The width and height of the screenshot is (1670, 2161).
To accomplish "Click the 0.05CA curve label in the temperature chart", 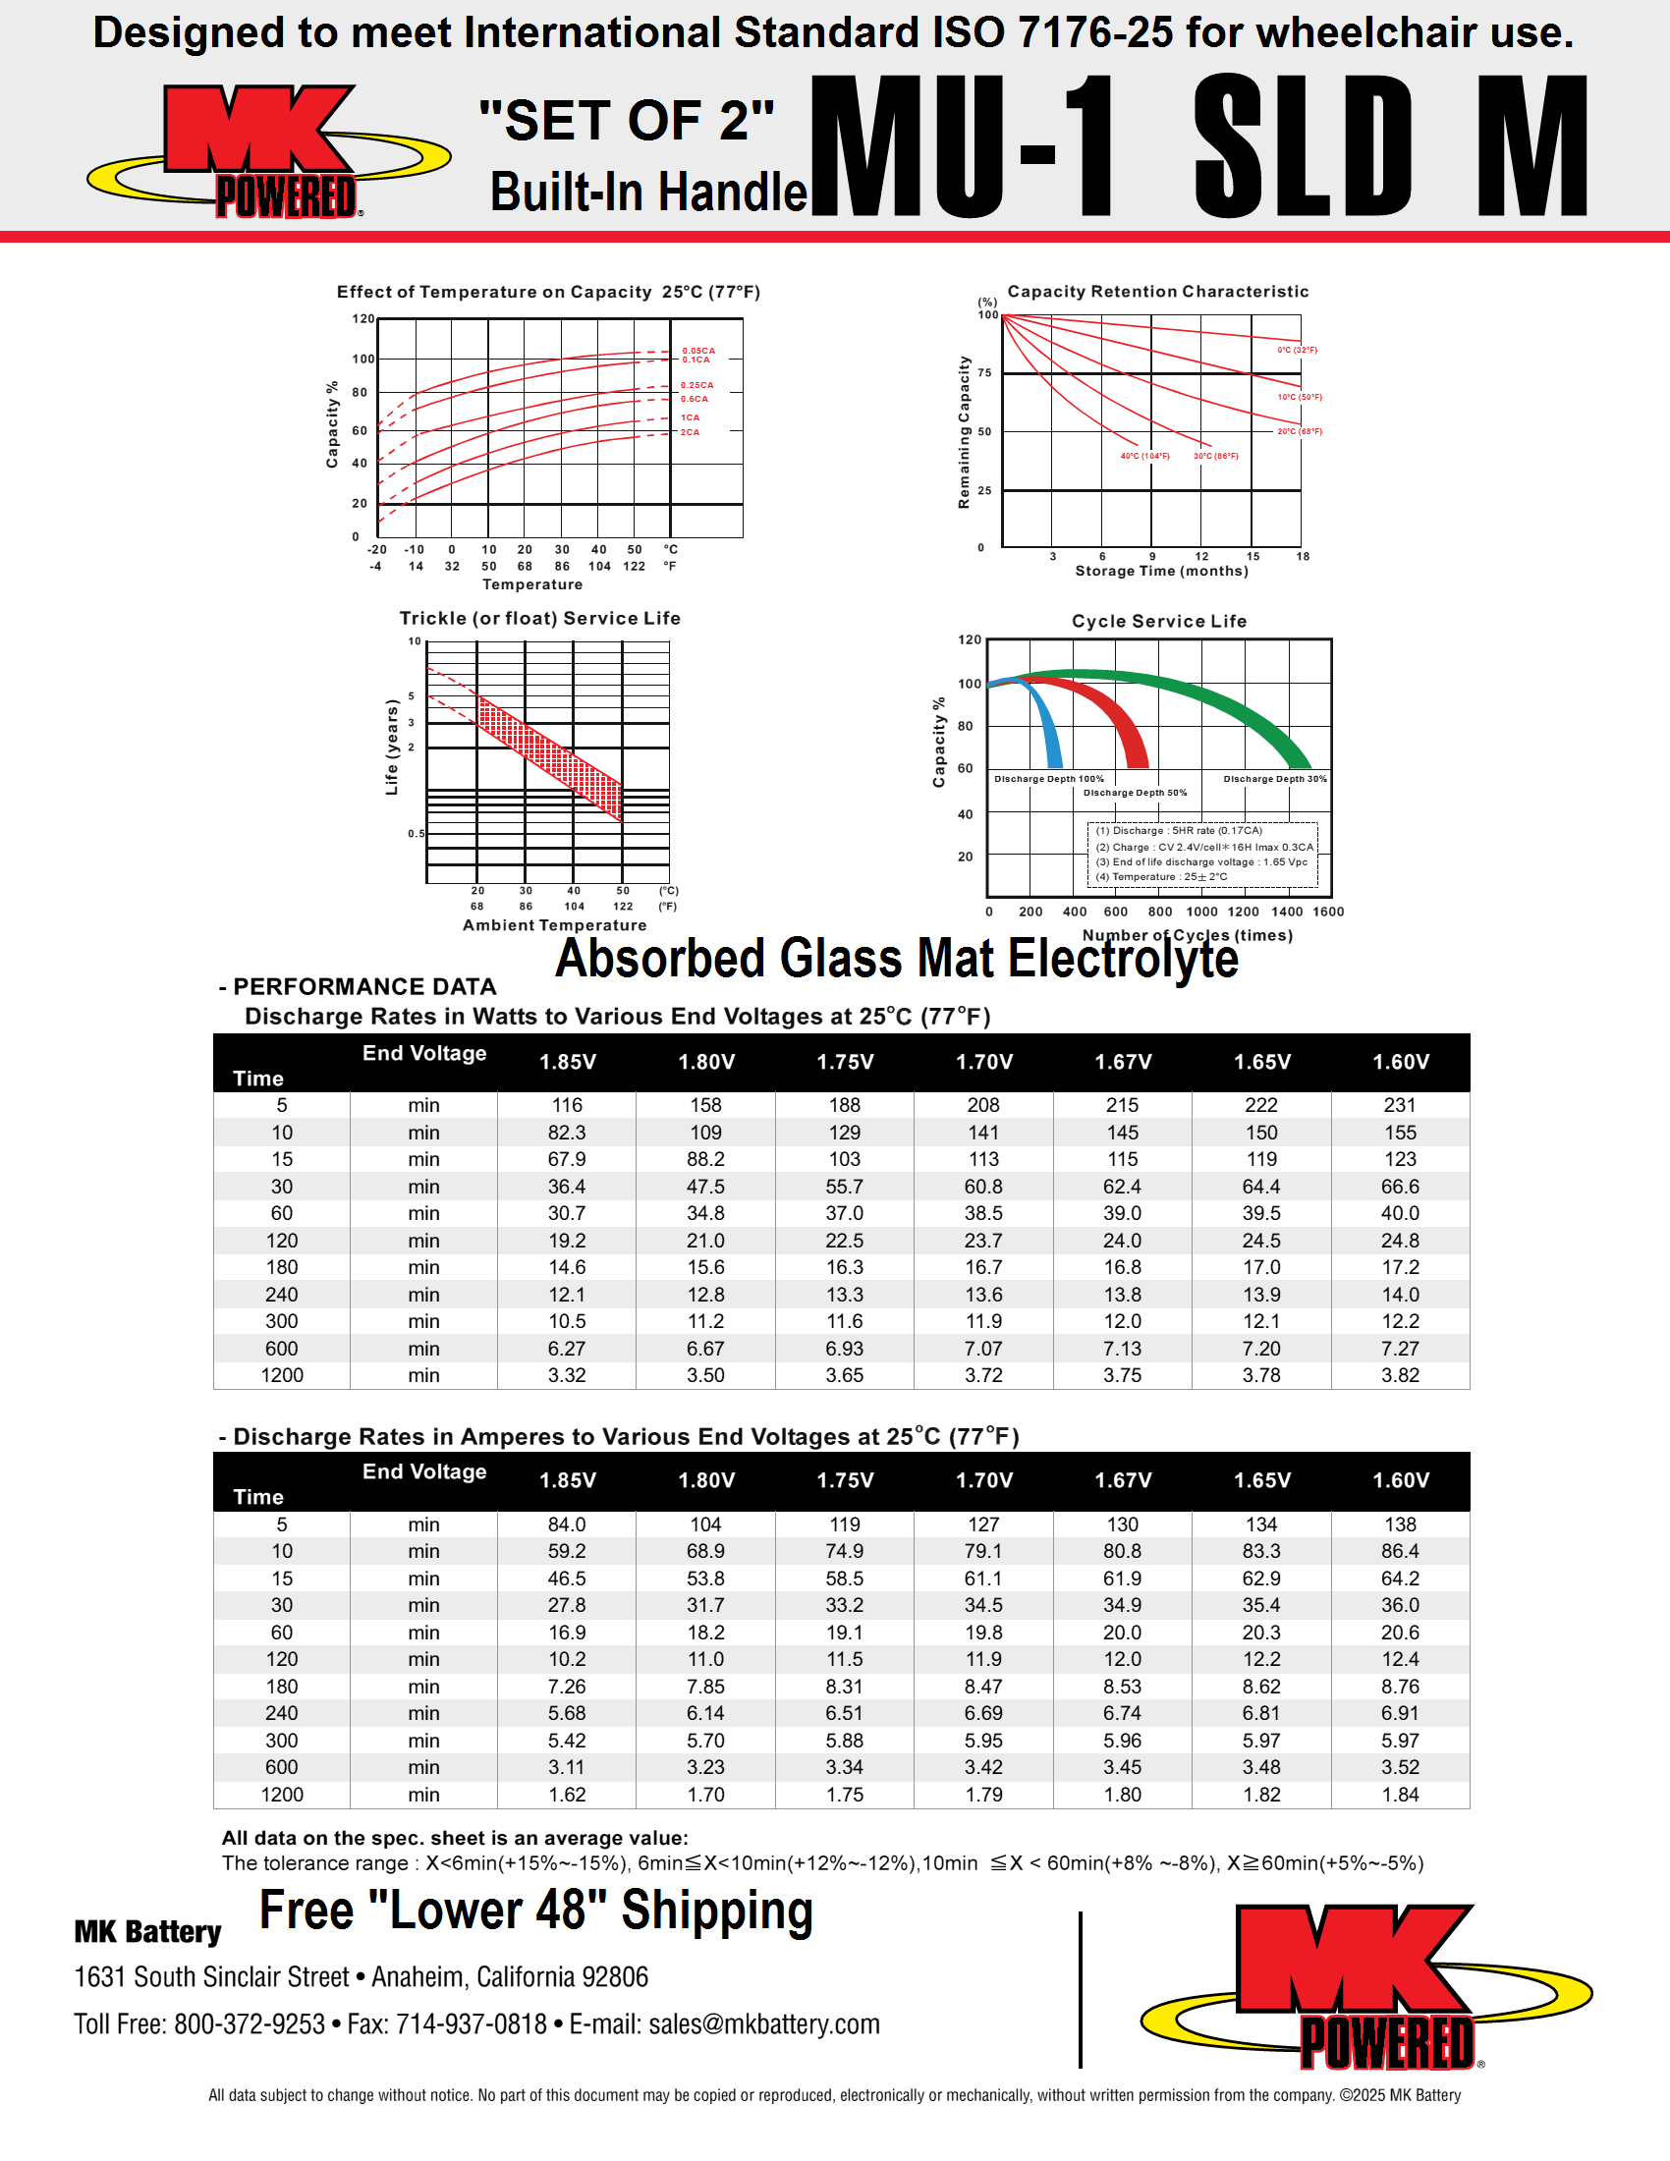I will coord(697,351).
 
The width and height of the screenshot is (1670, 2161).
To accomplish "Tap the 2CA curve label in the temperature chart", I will coord(690,432).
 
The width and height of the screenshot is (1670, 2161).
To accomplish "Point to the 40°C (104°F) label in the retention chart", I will coord(1144,456).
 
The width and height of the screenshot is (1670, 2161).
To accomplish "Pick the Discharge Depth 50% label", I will coord(1135,793).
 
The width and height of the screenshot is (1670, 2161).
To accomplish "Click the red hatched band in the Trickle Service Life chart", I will coord(550,757).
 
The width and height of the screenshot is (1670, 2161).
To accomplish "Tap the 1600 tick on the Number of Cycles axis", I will coord(1328,913).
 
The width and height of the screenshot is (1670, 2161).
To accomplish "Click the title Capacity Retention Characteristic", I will coord(1157,292).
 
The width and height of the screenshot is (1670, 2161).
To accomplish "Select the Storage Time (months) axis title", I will coord(1161,571).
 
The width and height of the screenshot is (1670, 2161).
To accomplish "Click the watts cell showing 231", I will coord(1400,1105).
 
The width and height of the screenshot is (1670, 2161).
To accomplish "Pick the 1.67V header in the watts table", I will coord(1123,1062).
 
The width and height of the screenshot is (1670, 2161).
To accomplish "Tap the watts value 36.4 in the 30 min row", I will coord(567,1187).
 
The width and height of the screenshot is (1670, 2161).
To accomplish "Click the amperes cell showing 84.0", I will coord(567,1524).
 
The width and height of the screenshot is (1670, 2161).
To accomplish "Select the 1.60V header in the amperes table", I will coord(1400,1480).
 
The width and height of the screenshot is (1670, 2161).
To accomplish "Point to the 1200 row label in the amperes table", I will coord(282,1795).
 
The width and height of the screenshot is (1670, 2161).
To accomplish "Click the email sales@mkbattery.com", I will coord(763,2024).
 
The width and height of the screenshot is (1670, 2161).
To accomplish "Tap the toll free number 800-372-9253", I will coord(250,2024).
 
